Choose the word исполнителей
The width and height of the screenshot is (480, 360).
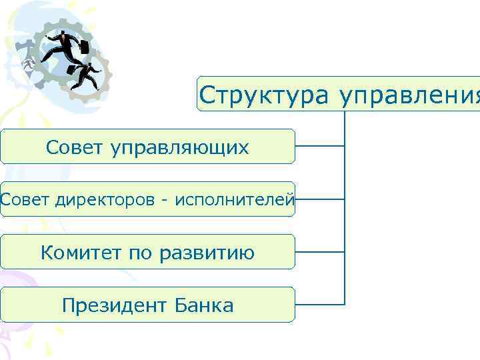(x=234, y=199)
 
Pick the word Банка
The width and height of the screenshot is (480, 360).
(x=205, y=306)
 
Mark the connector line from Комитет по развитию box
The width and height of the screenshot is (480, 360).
(x=319, y=252)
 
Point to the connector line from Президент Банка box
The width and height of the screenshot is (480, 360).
(x=319, y=305)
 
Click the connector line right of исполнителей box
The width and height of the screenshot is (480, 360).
(x=319, y=199)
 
